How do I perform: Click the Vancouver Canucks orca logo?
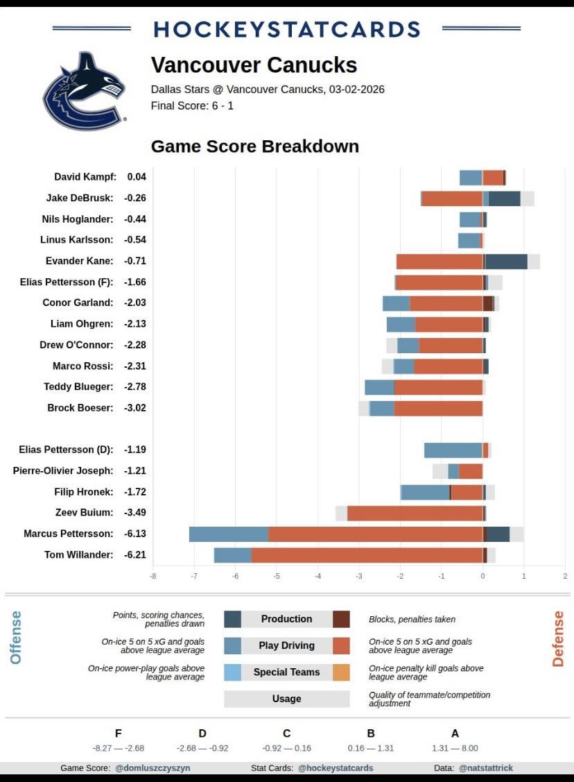(85, 91)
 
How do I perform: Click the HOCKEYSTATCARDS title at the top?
(286, 29)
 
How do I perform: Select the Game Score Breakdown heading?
(254, 146)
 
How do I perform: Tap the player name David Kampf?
(85, 177)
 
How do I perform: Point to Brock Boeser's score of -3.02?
(135, 407)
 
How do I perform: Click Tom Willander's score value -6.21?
(135, 554)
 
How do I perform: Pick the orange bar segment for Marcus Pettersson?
(375, 534)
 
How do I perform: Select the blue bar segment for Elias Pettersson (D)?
(453, 450)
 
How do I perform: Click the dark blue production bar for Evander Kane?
(506, 261)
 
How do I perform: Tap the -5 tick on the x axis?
(277, 575)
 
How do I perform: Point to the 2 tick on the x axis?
(565, 575)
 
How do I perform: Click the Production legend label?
(286, 619)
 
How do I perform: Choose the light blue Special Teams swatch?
(233, 672)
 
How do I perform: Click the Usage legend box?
(286, 699)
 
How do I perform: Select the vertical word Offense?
(16, 637)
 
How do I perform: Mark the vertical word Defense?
(557, 638)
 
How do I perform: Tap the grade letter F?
(118, 733)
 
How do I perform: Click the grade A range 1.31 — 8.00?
(455, 748)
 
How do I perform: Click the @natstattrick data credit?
(485, 768)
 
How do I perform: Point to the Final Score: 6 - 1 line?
(192, 106)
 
